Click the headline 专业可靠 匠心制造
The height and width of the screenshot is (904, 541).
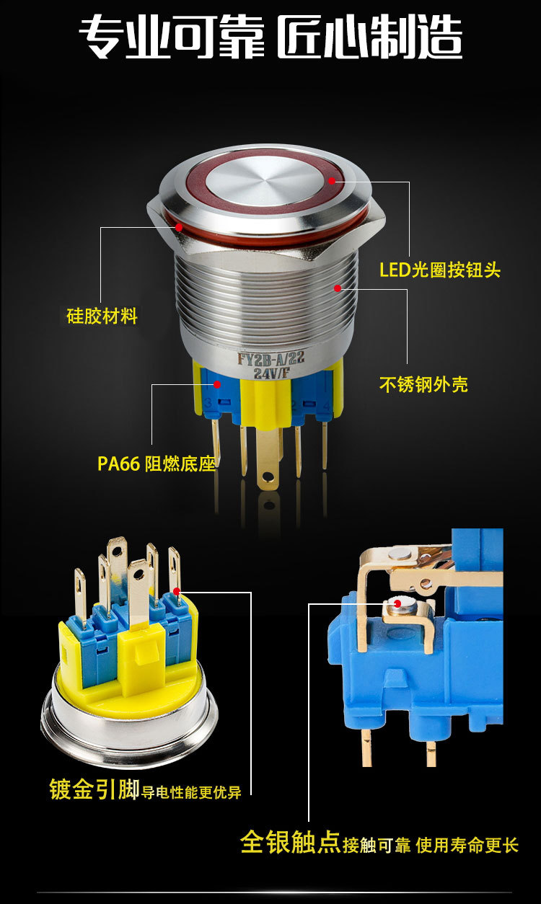(270, 36)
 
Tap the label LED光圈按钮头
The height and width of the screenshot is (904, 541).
(440, 270)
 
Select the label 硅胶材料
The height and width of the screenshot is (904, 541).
(102, 316)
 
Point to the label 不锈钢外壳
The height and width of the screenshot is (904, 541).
(423, 384)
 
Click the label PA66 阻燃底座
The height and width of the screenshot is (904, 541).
(157, 464)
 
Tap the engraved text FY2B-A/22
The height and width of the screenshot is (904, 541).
(270, 358)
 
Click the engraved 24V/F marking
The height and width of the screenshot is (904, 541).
(272, 373)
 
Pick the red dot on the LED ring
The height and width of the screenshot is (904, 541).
(332, 181)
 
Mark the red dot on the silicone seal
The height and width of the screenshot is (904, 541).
(178, 227)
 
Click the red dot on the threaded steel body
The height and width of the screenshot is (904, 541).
(338, 288)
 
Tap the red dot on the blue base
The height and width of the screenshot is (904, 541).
(217, 384)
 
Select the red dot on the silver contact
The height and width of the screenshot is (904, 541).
(397, 603)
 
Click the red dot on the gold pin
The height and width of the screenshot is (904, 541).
(177, 591)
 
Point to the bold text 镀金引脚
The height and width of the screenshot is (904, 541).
(94, 789)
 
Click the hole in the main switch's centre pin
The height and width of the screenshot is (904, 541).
(265, 479)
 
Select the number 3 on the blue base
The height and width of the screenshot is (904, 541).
(208, 403)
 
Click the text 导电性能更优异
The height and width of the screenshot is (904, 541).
(191, 792)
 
